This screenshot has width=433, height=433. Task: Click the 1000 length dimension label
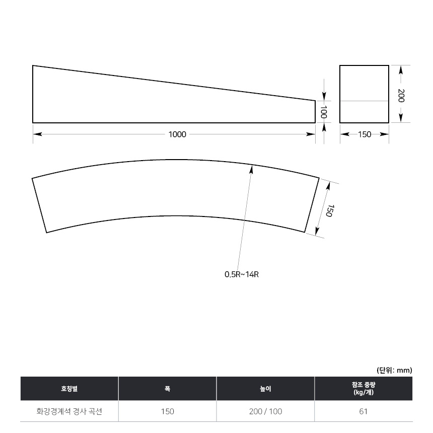pos(177,134)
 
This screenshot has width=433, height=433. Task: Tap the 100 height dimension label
pos(324,112)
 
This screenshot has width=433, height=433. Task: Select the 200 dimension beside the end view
pos(401,96)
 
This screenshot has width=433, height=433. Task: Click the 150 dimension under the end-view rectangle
pos(365,134)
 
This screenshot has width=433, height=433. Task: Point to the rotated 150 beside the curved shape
pos(329,210)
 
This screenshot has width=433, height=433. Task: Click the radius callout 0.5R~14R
pos(242,274)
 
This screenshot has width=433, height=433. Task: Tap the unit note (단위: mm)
pos(394,370)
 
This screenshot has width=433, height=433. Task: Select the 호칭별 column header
pos(69,389)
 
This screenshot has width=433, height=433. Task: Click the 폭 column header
pos(167,389)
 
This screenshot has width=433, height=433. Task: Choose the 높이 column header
pos(266,389)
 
